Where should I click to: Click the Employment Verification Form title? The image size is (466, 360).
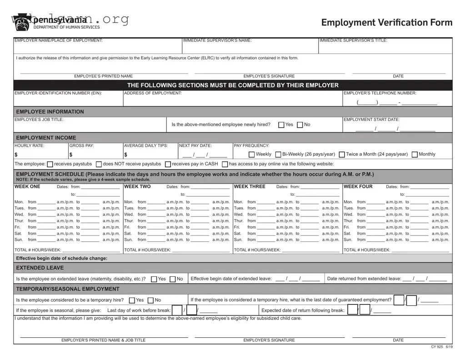click(386, 22)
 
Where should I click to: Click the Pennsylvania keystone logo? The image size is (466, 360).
click(21, 23)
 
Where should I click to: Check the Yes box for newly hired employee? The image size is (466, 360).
click(281, 125)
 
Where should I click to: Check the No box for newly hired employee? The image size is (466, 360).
click(300, 125)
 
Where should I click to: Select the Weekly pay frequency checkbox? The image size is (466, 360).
click(251, 155)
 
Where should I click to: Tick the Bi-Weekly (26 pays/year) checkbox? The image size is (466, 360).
click(278, 155)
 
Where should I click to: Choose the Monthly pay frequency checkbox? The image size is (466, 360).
click(415, 155)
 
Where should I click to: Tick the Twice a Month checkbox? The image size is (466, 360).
click(342, 155)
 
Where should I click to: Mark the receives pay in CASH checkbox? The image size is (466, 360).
click(168, 164)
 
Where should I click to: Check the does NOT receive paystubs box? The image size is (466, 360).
click(99, 164)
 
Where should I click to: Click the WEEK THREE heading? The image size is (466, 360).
click(250, 186)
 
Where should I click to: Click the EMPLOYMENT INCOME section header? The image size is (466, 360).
click(46, 138)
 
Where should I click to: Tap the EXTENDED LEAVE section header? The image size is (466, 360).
click(40, 268)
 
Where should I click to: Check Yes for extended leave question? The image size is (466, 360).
click(154, 279)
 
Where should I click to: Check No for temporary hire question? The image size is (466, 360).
click(151, 300)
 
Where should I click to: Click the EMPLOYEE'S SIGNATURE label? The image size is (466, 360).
click(269, 76)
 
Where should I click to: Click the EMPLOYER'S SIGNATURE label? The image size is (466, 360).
click(269, 340)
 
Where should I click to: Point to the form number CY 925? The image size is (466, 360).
click(436, 347)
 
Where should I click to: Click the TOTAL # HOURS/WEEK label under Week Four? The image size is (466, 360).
click(367, 250)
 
